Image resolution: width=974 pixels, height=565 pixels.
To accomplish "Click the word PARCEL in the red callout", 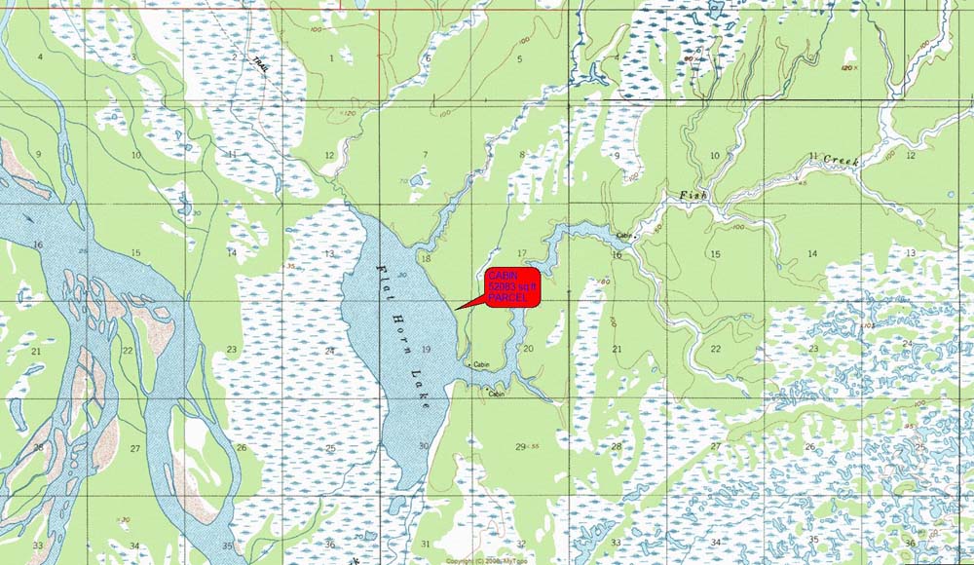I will click(x=512, y=298).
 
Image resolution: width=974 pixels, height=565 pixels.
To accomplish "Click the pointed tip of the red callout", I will click(x=454, y=311).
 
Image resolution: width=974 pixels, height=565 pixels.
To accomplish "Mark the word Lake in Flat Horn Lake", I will click(x=423, y=395).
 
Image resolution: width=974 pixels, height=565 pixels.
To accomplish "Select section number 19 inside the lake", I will click(x=425, y=348).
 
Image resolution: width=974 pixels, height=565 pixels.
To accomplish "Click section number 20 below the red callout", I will click(x=528, y=348).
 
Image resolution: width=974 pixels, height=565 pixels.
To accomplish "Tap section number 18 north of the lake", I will click(x=424, y=257).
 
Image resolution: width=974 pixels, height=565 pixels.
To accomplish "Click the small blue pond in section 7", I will click(x=417, y=180).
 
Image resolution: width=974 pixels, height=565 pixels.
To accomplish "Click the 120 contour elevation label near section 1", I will click(x=349, y=113).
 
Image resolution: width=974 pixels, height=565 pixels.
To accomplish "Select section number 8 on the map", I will click(x=522, y=155).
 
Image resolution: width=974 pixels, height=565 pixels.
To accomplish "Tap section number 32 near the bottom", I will click(x=521, y=544).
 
